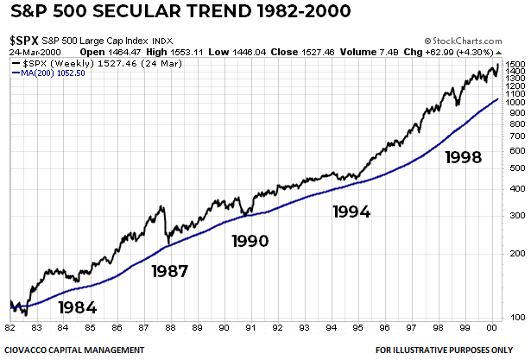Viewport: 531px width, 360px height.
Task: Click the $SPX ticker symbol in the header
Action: click(x=22, y=41)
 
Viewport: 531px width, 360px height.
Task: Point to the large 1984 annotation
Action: click(x=78, y=307)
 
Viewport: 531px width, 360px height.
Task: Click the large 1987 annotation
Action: click(x=170, y=271)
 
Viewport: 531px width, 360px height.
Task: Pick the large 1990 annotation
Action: click(x=250, y=241)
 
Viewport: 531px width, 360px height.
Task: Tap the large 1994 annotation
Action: click(x=351, y=211)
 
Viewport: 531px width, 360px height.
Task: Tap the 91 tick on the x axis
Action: click(x=251, y=328)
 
